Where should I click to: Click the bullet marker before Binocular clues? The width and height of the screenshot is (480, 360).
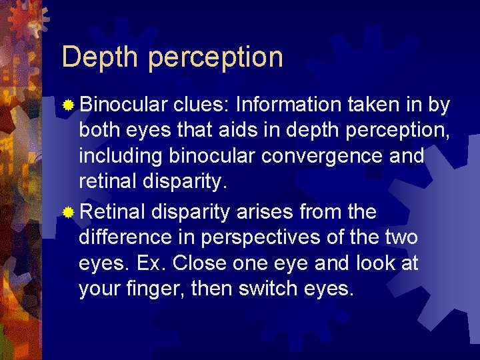tap(68, 106)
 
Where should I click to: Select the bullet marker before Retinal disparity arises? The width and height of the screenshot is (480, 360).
tap(68, 213)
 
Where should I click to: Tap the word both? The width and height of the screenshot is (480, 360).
tap(98, 130)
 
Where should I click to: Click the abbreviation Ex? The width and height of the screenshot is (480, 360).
tap(151, 263)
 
